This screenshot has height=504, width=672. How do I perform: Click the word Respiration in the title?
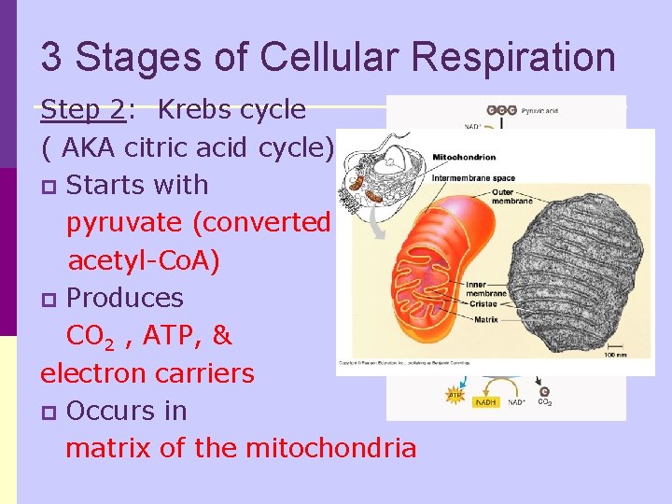point(512,58)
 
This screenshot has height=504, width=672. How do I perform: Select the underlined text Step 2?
point(83,110)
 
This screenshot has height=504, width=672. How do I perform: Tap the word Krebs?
point(194,110)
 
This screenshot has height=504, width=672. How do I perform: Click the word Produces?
point(125,298)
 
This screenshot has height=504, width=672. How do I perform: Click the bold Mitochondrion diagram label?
point(463,157)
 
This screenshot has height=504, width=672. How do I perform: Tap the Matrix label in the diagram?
point(485,318)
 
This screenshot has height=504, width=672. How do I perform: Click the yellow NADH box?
point(486,402)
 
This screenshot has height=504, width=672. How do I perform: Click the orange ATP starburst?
point(455,395)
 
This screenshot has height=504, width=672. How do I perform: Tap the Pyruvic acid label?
point(539,110)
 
